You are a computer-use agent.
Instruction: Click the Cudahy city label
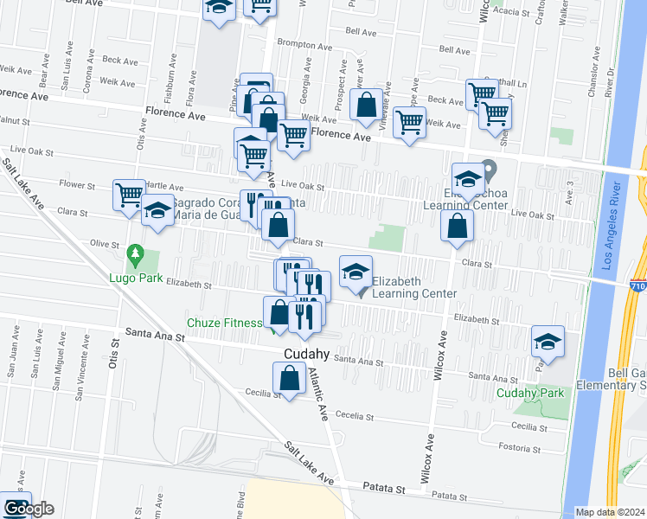tap(305, 354)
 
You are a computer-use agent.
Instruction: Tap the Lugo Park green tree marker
tap(134, 253)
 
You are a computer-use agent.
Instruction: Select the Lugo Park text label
tap(131, 278)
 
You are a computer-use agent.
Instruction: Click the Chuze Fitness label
tap(225, 324)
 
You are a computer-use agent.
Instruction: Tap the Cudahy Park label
tap(530, 393)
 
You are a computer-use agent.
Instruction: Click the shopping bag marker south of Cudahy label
tap(289, 378)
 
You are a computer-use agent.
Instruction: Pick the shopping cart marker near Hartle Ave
tap(130, 195)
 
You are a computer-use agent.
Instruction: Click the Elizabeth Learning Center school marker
tap(356, 272)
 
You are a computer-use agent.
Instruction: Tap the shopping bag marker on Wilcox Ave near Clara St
tap(457, 227)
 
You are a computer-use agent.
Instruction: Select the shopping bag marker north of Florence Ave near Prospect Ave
tap(367, 105)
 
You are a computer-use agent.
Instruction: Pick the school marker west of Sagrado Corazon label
tap(157, 213)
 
